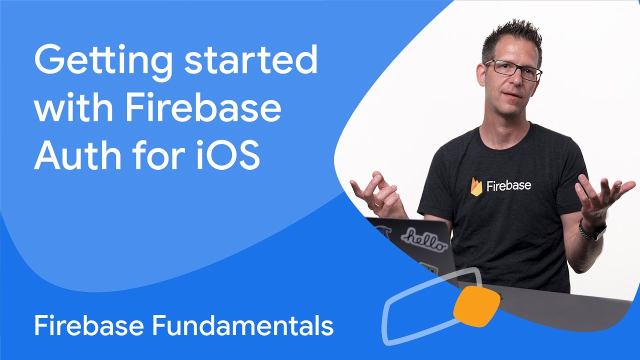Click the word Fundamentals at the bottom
(243, 326)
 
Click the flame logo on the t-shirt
(476, 186)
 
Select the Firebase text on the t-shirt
(509, 185)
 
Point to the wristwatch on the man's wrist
(591, 230)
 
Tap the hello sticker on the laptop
(424, 238)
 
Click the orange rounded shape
(476, 304)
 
